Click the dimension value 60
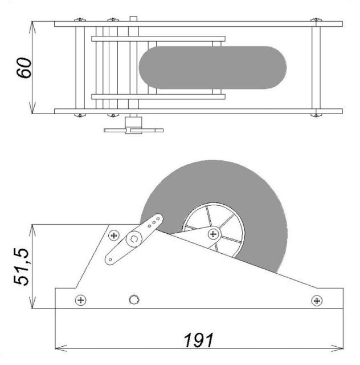[x=24, y=67]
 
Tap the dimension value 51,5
[x=21, y=267]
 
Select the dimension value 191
[x=198, y=340]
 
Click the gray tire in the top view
[x=212, y=67]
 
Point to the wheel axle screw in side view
[x=213, y=234]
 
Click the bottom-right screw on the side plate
[x=317, y=301]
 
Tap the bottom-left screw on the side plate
[x=81, y=300]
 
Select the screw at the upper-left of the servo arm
[x=114, y=236]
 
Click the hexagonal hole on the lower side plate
[x=134, y=299]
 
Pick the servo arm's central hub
[x=134, y=240]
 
